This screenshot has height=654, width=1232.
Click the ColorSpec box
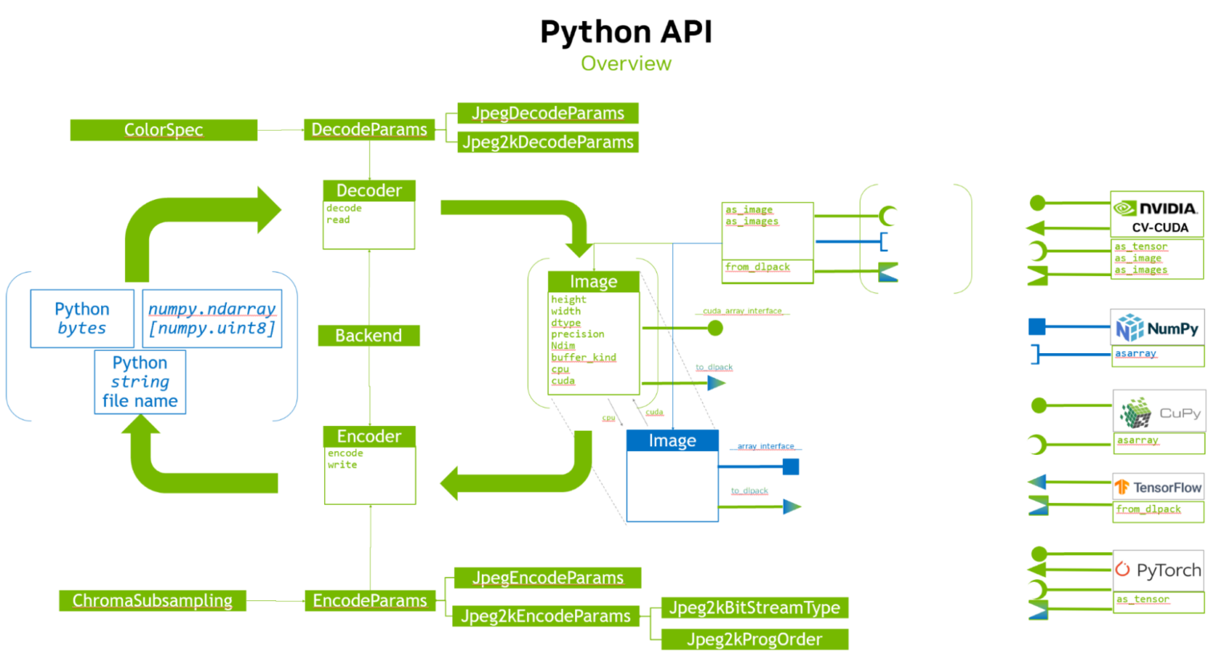click(164, 130)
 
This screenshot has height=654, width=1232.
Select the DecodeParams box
click(369, 130)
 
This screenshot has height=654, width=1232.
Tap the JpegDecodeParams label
click(548, 113)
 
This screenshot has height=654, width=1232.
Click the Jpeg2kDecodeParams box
click(548, 142)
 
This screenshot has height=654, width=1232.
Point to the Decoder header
click(369, 191)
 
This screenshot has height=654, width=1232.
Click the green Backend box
click(368, 335)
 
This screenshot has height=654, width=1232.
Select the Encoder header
click(369, 437)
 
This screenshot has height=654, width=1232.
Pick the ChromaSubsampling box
click(152, 600)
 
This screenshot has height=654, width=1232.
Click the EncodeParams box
click(370, 600)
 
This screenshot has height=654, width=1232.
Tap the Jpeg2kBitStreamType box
click(754, 608)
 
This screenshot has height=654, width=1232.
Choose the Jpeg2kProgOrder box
click(754, 640)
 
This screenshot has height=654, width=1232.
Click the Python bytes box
click(82, 319)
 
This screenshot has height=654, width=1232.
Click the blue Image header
click(672, 441)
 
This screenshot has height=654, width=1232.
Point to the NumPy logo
click(1157, 328)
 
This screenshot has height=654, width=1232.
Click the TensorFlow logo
click(1158, 487)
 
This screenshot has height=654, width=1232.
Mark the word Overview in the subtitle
click(626, 63)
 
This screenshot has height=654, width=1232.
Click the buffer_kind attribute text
click(583, 358)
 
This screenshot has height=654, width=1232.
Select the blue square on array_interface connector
click(791, 467)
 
